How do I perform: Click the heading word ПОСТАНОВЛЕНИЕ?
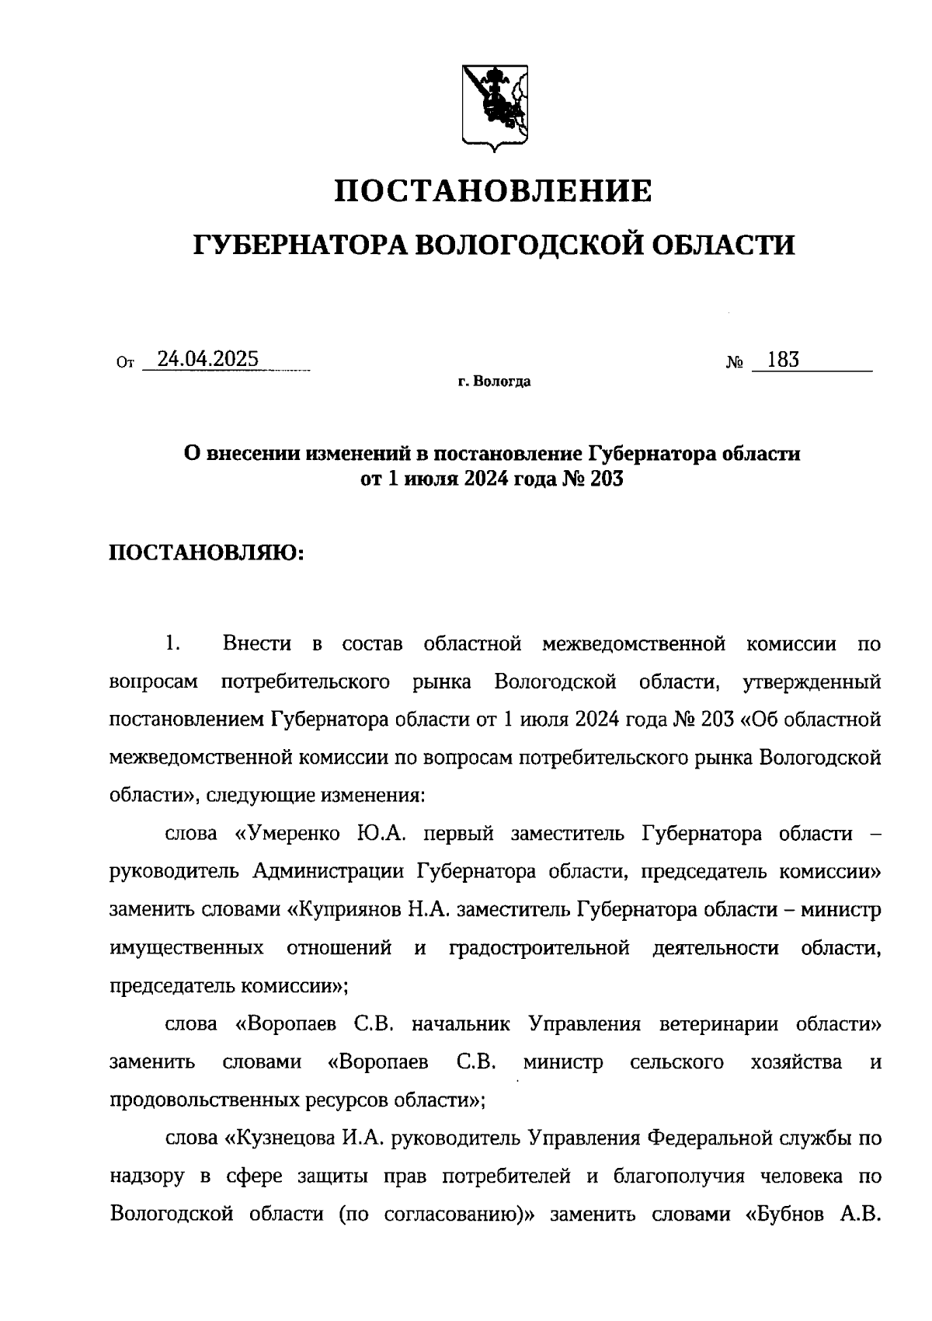[493, 190]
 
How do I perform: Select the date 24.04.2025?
[207, 359]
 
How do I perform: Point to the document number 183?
[782, 360]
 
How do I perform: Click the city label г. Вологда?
[494, 382]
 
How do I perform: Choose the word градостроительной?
[539, 948]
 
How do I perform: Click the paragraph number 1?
[172, 643]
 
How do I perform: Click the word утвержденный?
[812, 682]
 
